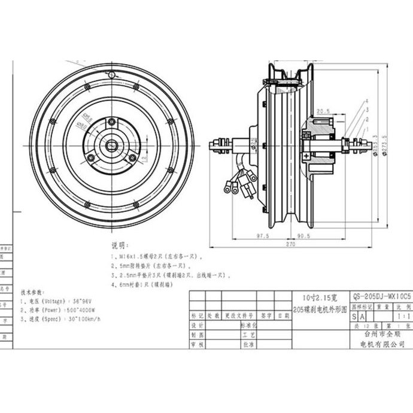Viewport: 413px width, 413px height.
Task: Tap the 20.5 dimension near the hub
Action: tap(323, 111)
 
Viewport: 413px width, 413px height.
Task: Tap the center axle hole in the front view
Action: tap(112, 144)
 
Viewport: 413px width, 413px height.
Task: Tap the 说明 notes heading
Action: tap(119, 245)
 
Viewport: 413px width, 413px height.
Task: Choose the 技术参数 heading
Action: tap(31, 293)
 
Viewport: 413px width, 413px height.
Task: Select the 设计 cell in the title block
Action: tap(198, 326)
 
